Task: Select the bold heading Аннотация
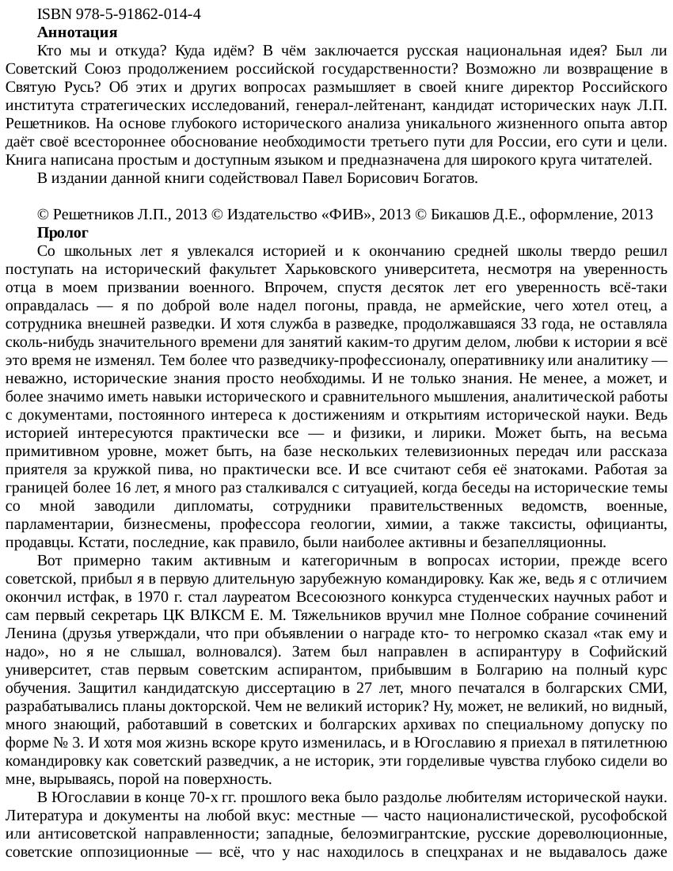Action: [x=77, y=32]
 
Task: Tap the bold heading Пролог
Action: [x=63, y=233]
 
